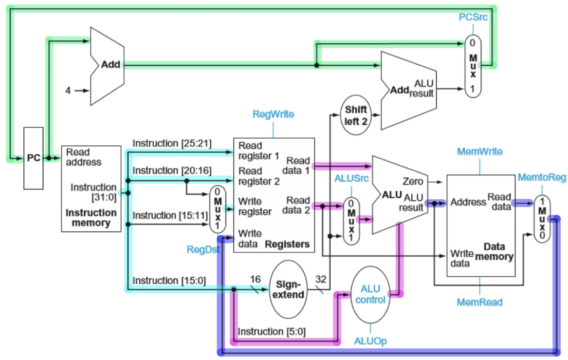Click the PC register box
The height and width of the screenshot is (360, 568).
click(x=34, y=158)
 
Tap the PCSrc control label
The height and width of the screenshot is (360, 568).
click(x=473, y=18)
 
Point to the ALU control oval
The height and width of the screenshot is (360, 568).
click(x=370, y=294)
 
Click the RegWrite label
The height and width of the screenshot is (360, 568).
click(x=273, y=114)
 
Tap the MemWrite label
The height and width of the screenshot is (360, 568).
click(x=479, y=152)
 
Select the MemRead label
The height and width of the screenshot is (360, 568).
click(x=479, y=302)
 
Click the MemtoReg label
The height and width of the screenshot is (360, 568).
click(x=542, y=177)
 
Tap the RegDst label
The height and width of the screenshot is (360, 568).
click(x=203, y=250)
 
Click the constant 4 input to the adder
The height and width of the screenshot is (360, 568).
click(x=69, y=90)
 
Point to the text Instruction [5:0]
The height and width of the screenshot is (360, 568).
click(x=272, y=331)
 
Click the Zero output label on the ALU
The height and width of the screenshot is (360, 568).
click(x=412, y=181)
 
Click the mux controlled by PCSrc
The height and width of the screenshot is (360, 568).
click(x=473, y=66)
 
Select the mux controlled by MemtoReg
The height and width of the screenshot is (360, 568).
click(x=542, y=219)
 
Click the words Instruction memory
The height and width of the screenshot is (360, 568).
click(x=91, y=218)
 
